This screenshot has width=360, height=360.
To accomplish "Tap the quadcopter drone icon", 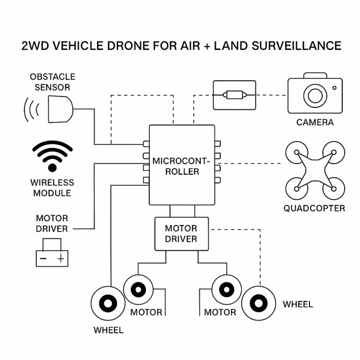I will pos(314,170).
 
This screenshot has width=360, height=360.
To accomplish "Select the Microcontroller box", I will pos(181,166).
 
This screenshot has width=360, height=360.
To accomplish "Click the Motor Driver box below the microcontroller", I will pos(181,233).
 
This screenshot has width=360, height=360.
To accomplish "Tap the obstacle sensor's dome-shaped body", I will pos(60,108).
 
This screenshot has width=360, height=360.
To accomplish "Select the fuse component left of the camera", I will pos(234,95).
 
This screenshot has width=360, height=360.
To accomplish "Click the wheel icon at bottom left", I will pos(107,304).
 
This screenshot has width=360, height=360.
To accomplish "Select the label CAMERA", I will pos(314,122).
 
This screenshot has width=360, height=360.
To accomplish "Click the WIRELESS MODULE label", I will pos(52,188).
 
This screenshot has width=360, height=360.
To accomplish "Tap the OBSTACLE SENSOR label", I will pos(52,82).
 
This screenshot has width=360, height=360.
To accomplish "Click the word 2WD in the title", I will pos(36,47).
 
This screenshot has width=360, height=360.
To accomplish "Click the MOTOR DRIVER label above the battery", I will pos(52,224).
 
